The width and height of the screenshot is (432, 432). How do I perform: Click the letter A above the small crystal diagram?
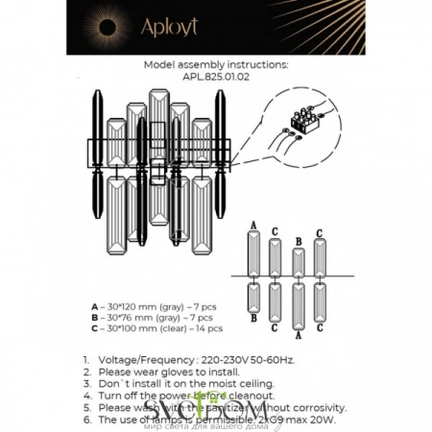click(253, 224)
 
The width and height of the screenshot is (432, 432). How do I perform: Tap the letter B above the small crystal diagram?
click(299, 241)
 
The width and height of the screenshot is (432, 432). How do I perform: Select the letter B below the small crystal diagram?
click(253, 318)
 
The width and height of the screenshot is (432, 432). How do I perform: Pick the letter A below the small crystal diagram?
click(299, 335)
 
